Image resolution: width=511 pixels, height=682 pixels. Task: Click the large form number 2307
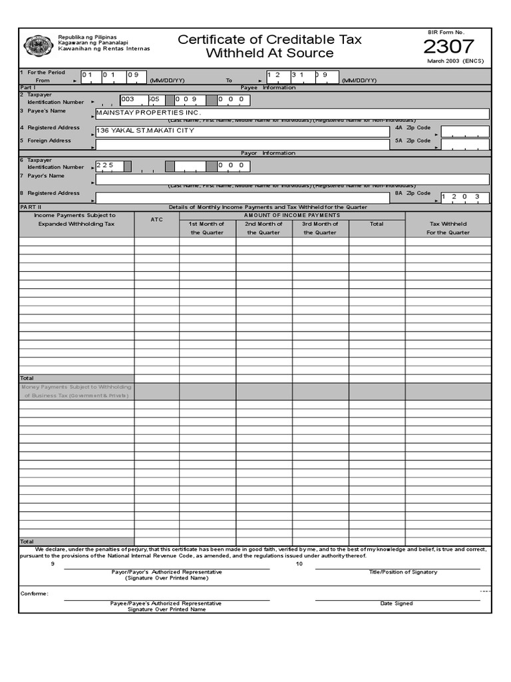pyautogui.click(x=448, y=47)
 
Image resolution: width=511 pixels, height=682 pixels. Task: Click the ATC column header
pyautogui.click(x=156, y=219)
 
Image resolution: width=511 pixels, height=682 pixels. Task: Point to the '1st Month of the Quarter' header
pyautogui.click(x=208, y=228)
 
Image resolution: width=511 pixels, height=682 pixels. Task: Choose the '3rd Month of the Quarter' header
pyautogui.click(x=320, y=228)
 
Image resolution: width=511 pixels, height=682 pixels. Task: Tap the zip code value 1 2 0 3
pyautogui.click(x=464, y=197)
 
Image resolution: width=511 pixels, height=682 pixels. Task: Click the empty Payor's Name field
pyautogui.click(x=293, y=179)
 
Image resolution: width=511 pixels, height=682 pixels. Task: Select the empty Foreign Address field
pyautogui.click(x=243, y=145)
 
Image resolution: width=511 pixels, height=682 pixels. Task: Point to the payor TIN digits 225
pyautogui.click(x=105, y=165)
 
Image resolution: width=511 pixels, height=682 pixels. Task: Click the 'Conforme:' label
pyautogui.click(x=34, y=593)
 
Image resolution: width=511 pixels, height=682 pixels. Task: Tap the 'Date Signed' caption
pyautogui.click(x=397, y=603)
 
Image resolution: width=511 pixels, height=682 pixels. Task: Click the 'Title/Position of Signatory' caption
pyautogui.click(x=403, y=572)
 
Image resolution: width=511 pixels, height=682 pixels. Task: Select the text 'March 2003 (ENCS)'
pyautogui.click(x=455, y=61)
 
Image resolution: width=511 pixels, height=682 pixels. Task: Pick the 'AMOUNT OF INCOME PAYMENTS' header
pyautogui.click(x=291, y=215)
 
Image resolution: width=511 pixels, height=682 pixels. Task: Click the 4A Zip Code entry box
pyautogui.click(x=464, y=131)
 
